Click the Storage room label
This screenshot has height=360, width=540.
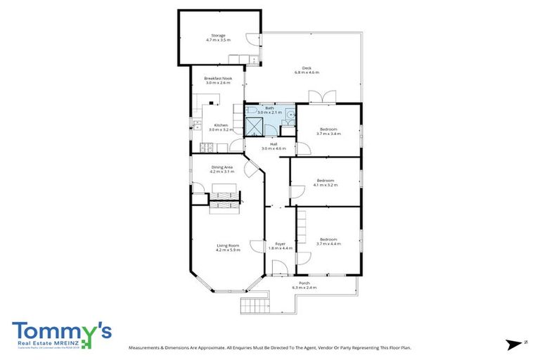219,37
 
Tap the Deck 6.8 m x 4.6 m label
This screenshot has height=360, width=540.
307,70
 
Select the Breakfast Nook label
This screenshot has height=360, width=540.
218,80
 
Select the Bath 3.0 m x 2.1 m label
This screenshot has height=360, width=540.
269,110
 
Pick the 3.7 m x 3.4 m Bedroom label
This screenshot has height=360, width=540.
328,131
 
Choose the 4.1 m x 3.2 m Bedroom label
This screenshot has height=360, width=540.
326,182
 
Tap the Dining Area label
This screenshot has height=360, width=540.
221,169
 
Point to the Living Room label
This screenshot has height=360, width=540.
228,247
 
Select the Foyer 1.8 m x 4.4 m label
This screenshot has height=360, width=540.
280,246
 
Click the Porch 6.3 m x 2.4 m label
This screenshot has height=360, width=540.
304,285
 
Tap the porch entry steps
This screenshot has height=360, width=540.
255,306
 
